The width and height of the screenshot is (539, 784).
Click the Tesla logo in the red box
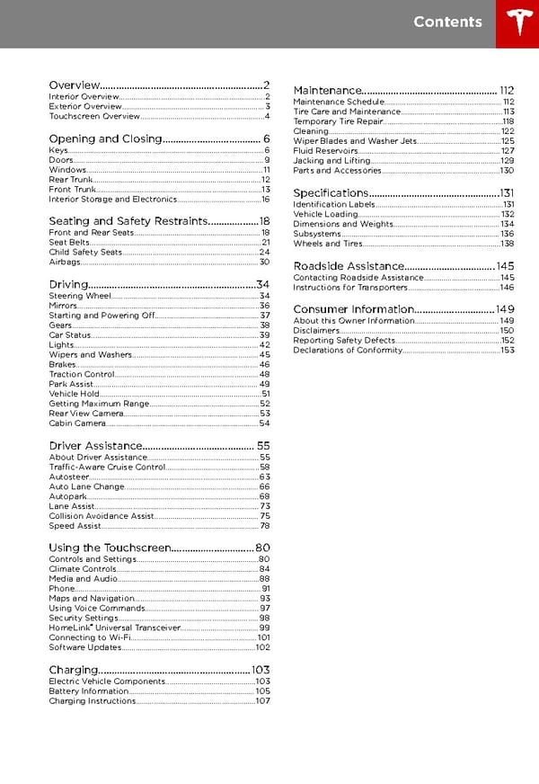click(517, 23)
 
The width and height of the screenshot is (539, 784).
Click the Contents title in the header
click(447, 22)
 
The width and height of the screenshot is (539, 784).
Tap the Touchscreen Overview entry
click(94, 117)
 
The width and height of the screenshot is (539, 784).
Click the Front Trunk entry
click(72, 190)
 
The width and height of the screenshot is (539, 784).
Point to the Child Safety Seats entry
click(85, 253)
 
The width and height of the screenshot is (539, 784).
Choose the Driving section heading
click(68, 284)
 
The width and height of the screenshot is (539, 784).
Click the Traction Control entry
click(82, 374)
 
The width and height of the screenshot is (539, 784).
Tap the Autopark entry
click(68, 496)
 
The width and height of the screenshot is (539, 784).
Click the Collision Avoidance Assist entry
click(102, 517)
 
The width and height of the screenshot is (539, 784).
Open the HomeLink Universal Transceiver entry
click(114, 628)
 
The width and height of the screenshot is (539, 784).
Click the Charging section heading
click(73, 670)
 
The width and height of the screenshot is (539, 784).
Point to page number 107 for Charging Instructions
click(263, 702)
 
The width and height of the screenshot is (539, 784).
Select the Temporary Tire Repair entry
click(338, 121)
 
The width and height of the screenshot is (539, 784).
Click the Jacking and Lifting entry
click(331, 161)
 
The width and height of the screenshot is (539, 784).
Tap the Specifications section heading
click(331, 193)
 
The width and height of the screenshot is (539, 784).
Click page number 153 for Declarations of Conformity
click(508, 351)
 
